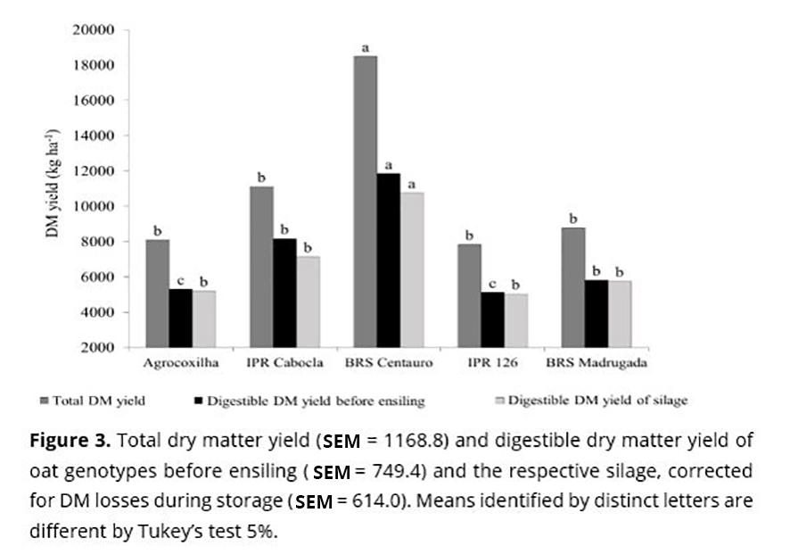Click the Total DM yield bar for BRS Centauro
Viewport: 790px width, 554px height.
pos(364,202)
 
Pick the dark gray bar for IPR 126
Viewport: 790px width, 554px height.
pos(466,295)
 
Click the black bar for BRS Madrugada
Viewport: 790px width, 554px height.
pos(596,313)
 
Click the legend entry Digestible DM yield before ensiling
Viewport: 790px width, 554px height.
pos(309,401)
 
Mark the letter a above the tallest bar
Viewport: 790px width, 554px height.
pos(364,46)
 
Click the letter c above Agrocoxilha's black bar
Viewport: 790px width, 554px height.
pos(181,279)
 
